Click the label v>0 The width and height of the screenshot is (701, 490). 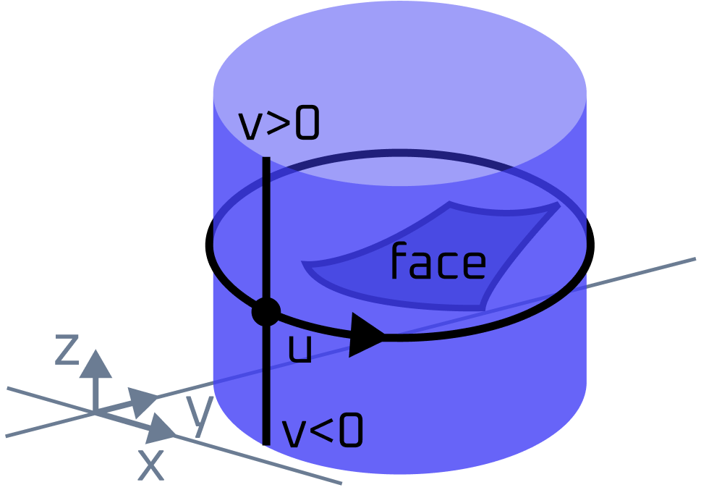tap(279, 125)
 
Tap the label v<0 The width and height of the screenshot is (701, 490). tap(322, 433)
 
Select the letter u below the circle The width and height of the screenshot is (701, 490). tap(299, 350)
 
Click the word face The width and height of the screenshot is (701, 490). tap(438, 262)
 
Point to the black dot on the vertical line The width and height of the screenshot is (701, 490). tap(266, 312)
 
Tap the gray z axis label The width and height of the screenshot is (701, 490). tap(67, 350)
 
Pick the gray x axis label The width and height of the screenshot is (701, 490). tap(151, 465)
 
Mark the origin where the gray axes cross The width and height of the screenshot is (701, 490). tap(95, 413)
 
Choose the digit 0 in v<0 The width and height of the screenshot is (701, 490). tap(350, 433)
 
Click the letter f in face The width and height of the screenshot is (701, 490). tap(399, 261)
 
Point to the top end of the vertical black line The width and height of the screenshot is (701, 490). tap(266, 159)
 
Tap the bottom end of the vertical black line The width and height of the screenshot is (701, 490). tap(266, 443)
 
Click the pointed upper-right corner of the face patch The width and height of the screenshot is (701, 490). tap(558, 206)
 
